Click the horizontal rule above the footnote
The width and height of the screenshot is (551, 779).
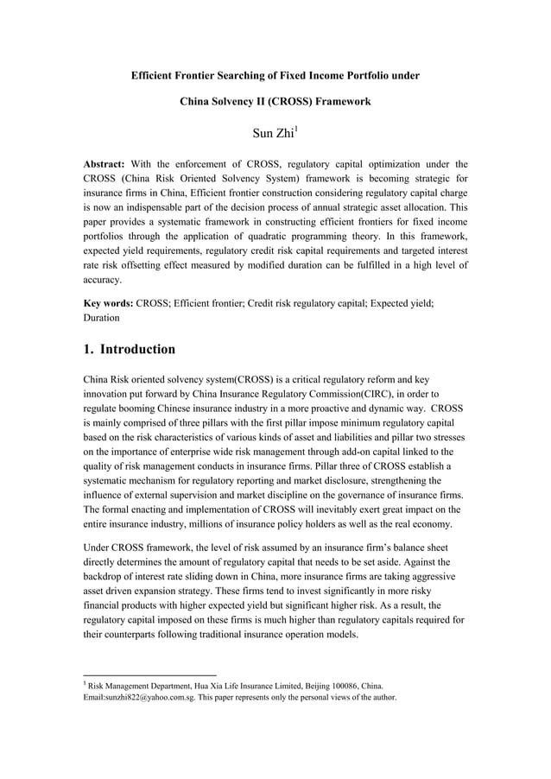(x=149, y=674)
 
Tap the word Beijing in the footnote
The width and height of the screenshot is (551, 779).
(x=321, y=686)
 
